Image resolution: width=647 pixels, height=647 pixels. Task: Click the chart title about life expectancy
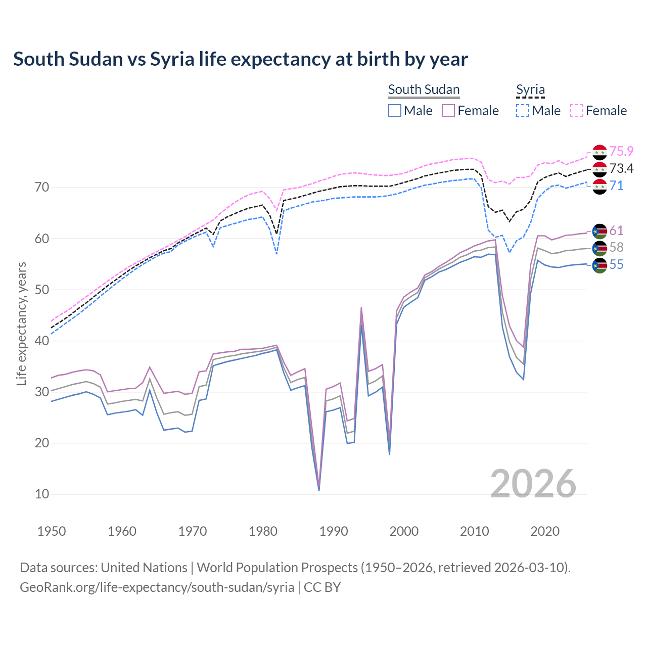tap(241, 59)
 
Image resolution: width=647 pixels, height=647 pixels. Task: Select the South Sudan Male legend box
tap(395, 111)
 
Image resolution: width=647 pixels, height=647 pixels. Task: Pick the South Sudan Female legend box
tap(448, 111)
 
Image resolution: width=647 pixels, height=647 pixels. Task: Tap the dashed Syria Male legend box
tap(523, 111)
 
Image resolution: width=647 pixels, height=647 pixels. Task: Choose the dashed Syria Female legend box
tap(577, 111)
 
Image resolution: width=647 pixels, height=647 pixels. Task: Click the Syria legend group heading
tap(530, 89)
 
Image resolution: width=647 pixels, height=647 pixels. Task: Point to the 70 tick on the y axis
tap(42, 188)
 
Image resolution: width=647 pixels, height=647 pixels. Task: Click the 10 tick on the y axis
tap(42, 494)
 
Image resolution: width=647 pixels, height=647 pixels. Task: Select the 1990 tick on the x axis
tap(334, 531)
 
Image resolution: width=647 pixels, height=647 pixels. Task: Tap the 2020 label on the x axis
tap(545, 531)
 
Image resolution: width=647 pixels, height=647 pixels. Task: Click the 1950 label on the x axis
tap(52, 531)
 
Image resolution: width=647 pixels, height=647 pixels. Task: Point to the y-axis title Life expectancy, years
tap(22, 323)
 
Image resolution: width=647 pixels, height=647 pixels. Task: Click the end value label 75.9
tap(621, 151)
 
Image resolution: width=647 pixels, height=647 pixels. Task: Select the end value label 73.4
tap(621, 168)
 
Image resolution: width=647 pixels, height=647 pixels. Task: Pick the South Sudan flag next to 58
tap(599, 248)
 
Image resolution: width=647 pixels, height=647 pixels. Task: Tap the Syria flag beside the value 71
tap(599, 187)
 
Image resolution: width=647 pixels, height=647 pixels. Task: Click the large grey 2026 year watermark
tap(533, 484)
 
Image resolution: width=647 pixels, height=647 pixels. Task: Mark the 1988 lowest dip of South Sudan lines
tap(319, 489)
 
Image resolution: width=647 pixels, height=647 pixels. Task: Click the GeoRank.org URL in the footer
tap(157, 587)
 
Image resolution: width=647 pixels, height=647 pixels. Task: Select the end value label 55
tap(616, 265)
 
